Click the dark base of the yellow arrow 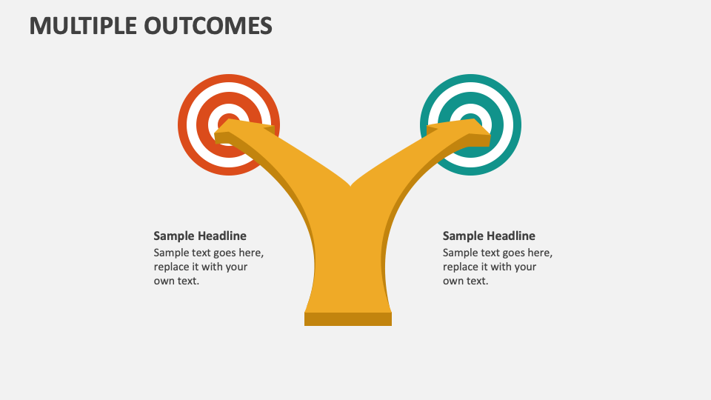point(348,319)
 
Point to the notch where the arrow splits point(350,184)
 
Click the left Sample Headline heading point(200,236)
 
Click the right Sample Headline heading point(489,236)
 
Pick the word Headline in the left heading point(222,236)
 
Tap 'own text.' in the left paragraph point(176,281)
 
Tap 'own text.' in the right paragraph point(465,281)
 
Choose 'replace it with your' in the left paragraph point(201,267)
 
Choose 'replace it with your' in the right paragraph point(490,267)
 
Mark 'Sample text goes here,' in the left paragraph point(208,253)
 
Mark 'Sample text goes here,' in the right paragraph point(497,253)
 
